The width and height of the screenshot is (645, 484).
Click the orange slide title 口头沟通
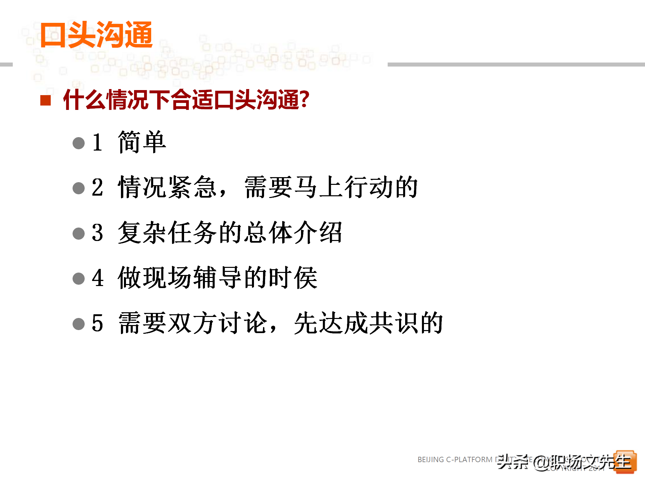point(96,35)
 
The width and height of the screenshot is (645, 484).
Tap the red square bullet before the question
point(45,100)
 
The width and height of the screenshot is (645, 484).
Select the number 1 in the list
point(97,143)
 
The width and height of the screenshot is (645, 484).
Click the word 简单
point(142,142)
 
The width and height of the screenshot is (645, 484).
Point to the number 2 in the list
point(97,188)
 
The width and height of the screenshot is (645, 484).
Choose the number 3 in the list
point(97,233)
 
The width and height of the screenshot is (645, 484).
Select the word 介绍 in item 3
point(318,233)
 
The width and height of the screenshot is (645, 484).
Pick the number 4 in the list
point(97,278)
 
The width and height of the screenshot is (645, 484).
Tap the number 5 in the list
point(97,323)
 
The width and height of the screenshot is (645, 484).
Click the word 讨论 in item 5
point(243,323)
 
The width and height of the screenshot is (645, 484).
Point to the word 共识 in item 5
point(393,323)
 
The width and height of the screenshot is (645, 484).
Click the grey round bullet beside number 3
point(79,233)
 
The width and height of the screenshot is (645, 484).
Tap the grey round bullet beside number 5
point(79,324)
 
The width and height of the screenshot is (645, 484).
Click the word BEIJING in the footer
point(430,459)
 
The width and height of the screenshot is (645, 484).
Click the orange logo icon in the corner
point(625,462)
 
